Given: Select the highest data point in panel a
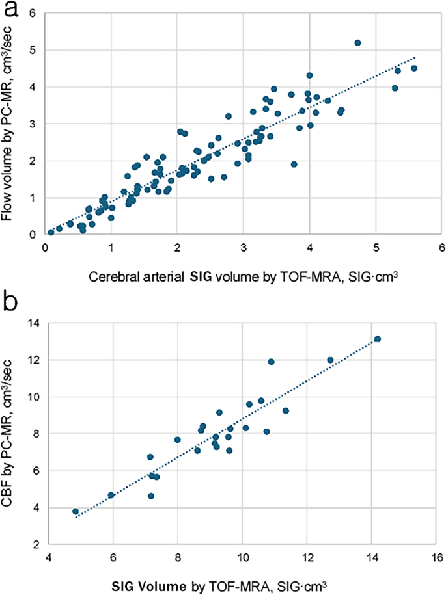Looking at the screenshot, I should click(357, 43).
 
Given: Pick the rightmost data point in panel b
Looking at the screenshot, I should click(377, 339).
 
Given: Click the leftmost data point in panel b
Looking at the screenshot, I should click(76, 511).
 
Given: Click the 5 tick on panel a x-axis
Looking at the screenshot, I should click(376, 248).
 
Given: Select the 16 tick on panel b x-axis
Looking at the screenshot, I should click(436, 557).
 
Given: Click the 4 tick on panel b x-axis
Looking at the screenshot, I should click(49, 557).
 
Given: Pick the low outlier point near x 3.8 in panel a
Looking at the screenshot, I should click(294, 165).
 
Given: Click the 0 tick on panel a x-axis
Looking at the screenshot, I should click(44, 248).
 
